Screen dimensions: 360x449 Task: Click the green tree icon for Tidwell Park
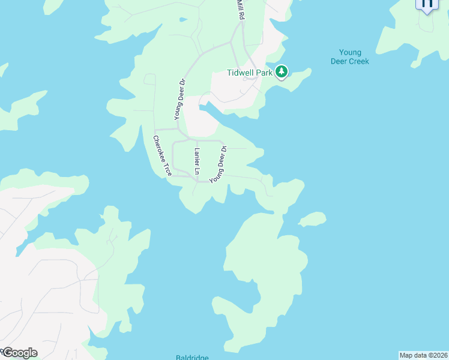[x=282, y=73]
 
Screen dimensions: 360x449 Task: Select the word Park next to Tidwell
[x=264, y=73]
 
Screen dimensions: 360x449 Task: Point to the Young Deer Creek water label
[x=349, y=57]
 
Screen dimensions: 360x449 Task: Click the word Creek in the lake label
[x=358, y=61]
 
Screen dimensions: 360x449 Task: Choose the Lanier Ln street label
[x=196, y=157]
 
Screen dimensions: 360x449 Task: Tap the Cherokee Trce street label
[x=162, y=155]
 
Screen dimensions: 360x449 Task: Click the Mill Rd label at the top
[x=241, y=10]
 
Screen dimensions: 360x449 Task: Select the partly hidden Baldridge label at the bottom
[x=192, y=357]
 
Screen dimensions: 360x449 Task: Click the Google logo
[x=19, y=353]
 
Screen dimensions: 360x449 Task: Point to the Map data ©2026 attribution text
[x=423, y=355]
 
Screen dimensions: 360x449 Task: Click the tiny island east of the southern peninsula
[x=313, y=219]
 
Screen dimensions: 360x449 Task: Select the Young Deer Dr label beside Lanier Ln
[x=218, y=164]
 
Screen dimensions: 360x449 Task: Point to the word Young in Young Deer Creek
[x=349, y=53]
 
